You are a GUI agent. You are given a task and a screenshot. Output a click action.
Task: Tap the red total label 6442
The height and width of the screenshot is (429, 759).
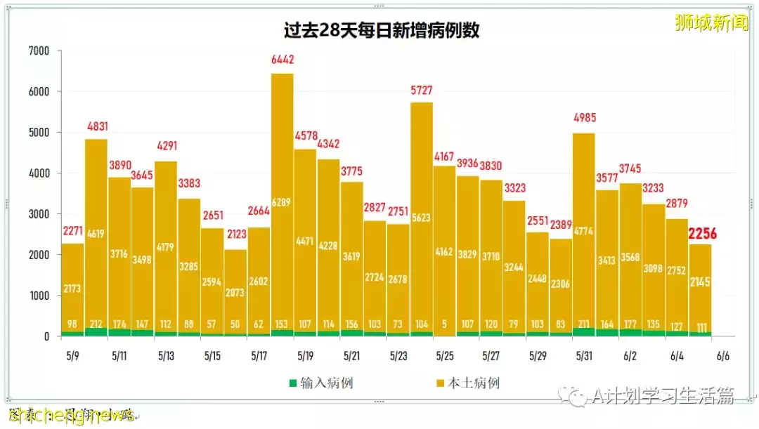(x=282, y=61)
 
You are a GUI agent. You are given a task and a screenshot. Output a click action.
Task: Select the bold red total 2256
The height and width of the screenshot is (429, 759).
(x=702, y=234)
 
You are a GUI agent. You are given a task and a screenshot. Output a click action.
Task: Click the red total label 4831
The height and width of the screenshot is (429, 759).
(x=96, y=127)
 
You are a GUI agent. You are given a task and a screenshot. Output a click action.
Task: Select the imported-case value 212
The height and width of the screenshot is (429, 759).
(x=96, y=324)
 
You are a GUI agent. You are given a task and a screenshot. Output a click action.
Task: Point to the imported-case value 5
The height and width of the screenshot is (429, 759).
(x=444, y=324)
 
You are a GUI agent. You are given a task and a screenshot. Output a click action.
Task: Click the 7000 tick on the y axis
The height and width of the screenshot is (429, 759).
(x=39, y=51)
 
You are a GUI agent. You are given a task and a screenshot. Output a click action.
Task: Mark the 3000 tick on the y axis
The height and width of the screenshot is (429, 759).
(x=39, y=214)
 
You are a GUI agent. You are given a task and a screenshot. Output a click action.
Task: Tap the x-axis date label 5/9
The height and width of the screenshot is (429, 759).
(x=73, y=356)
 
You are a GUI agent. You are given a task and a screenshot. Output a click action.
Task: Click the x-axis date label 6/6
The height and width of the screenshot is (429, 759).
(x=723, y=356)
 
